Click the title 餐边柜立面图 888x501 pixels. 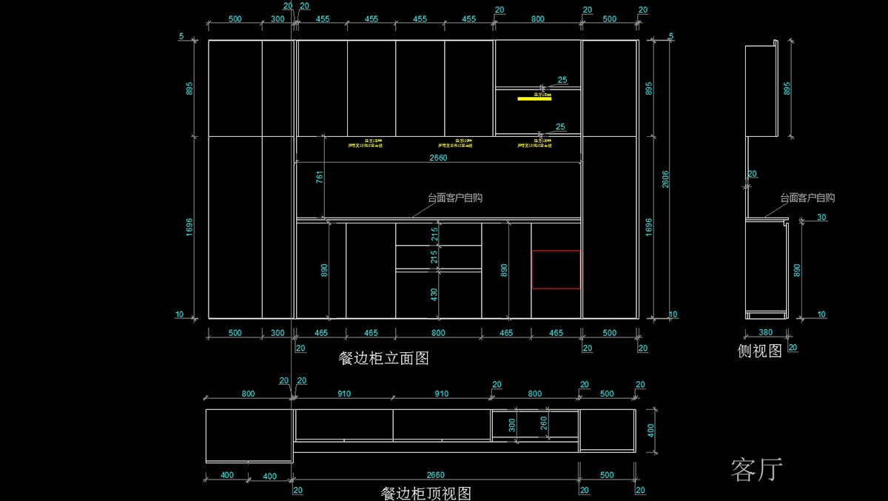click(x=383, y=359)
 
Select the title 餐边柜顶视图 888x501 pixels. click(x=425, y=493)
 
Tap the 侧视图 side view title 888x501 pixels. click(x=760, y=351)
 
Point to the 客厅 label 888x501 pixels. click(x=756, y=469)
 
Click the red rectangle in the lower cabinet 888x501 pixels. click(x=556, y=269)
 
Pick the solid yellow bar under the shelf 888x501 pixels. click(x=534, y=97)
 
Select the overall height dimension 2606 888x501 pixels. click(x=665, y=179)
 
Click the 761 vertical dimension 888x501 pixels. click(x=320, y=178)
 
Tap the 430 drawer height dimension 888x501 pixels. click(x=434, y=294)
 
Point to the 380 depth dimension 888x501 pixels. click(x=766, y=333)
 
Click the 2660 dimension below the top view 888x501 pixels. click(x=437, y=475)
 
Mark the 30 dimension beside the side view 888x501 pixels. click(x=821, y=218)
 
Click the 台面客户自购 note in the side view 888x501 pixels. click(x=807, y=198)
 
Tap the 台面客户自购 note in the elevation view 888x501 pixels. click(x=455, y=198)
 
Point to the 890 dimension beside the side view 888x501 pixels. click(x=797, y=269)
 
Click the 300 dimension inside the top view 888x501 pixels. click(x=511, y=425)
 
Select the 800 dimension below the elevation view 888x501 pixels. click(x=438, y=333)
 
